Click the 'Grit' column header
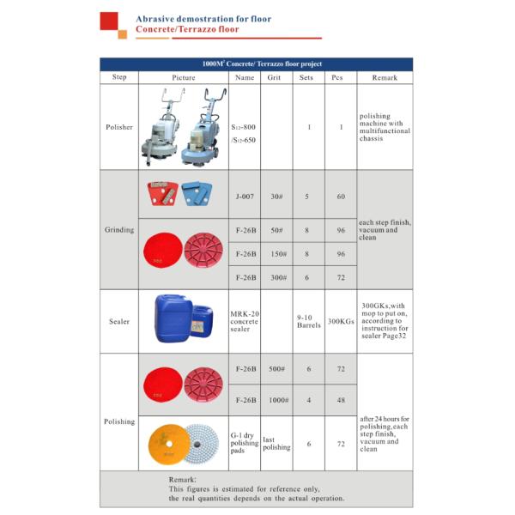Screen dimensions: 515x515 (275, 77)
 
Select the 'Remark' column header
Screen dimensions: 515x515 (384, 77)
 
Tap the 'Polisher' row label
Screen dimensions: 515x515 (119, 127)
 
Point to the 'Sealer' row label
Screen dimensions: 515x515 (119, 322)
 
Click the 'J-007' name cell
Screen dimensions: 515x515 (245, 197)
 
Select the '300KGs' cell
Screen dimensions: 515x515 (341, 322)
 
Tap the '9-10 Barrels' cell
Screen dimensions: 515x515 (308, 322)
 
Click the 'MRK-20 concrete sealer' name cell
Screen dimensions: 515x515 (245, 322)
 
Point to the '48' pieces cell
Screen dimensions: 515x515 (341, 400)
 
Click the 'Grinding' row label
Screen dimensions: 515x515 (119, 230)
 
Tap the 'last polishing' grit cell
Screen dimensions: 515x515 (276, 444)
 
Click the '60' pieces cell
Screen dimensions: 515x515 (341, 197)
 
